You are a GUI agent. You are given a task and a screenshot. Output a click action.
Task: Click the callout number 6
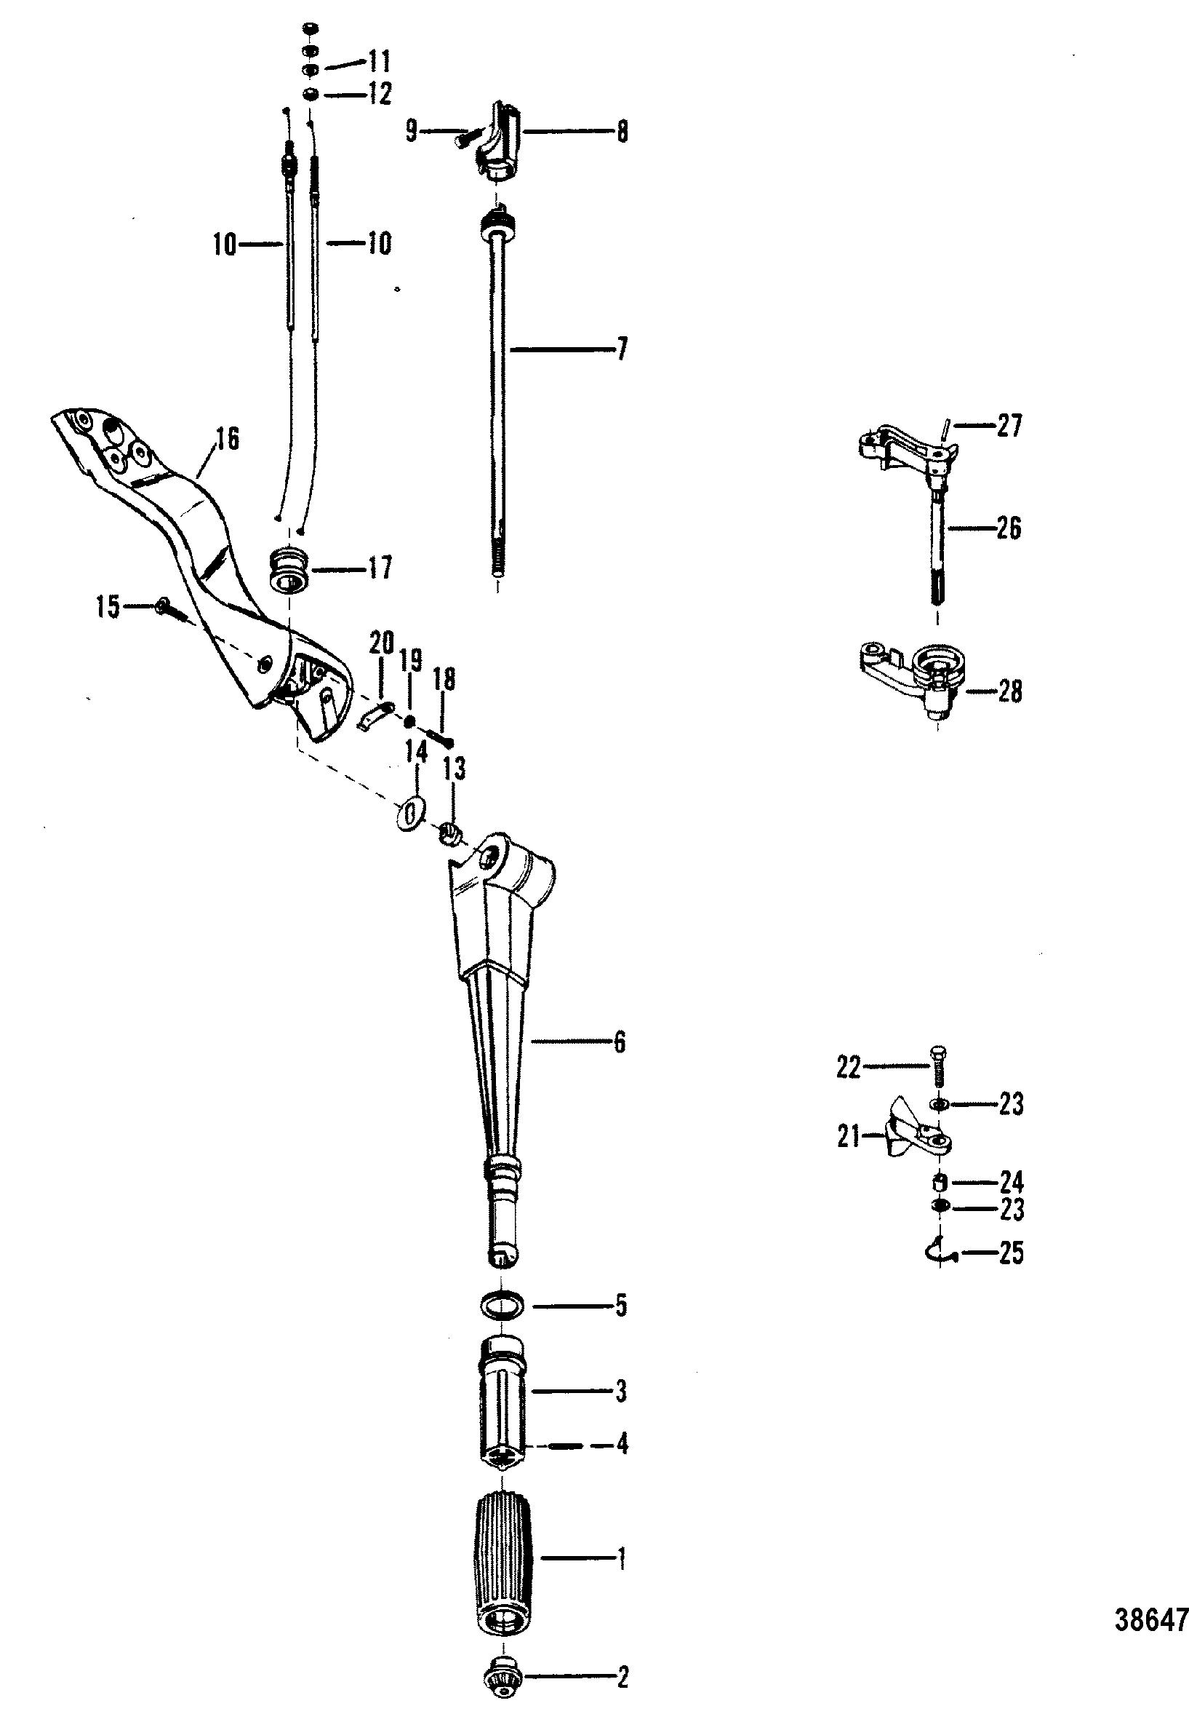coord(620,1042)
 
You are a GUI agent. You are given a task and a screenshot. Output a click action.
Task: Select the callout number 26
coord(1009,528)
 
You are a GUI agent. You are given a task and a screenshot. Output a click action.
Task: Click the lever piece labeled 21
coord(915,1138)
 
